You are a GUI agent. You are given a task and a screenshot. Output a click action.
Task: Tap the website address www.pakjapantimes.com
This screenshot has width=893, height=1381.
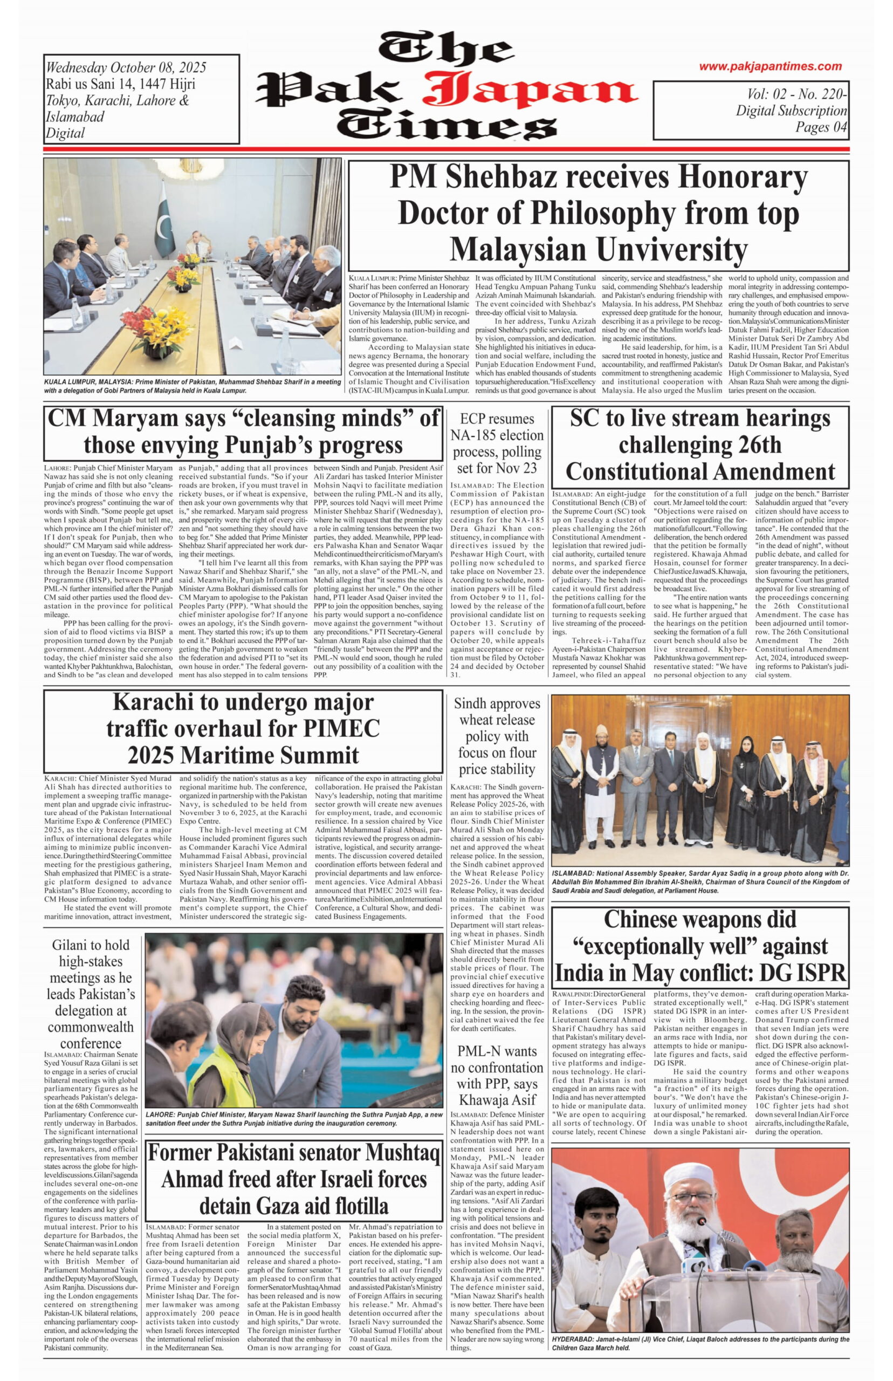click(x=770, y=66)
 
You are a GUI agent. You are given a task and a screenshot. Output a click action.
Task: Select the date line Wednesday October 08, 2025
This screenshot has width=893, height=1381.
click(x=126, y=67)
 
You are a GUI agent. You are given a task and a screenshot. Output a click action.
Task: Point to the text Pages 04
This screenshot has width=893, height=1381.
click(x=821, y=127)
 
